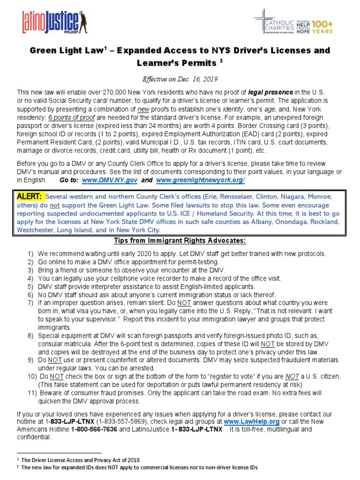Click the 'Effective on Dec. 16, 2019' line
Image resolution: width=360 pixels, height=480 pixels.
(180, 79)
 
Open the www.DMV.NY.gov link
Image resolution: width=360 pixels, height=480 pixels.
(110, 180)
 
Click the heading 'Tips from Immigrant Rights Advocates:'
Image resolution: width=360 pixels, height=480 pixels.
(180, 241)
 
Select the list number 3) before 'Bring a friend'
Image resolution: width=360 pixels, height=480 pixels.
(30, 270)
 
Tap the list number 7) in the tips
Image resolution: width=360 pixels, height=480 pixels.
(30, 303)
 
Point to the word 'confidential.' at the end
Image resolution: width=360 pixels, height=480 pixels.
(34, 437)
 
